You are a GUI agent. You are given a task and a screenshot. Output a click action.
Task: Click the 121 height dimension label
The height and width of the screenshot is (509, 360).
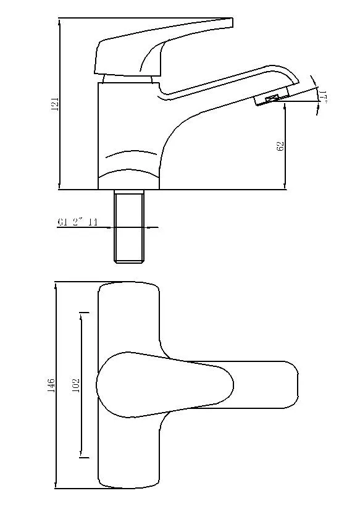click(54, 104)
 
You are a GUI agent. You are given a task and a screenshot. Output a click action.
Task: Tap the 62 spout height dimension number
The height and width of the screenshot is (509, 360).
click(280, 147)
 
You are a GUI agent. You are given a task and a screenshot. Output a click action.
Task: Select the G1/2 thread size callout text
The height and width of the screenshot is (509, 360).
click(78, 222)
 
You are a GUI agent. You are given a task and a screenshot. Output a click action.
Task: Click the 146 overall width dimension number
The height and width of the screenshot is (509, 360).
click(52, 385)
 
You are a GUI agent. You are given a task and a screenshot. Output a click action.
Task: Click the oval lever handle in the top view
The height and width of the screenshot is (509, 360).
click(164, 385)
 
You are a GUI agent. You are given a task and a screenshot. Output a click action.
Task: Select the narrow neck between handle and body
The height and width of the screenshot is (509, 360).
click(127, 78)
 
